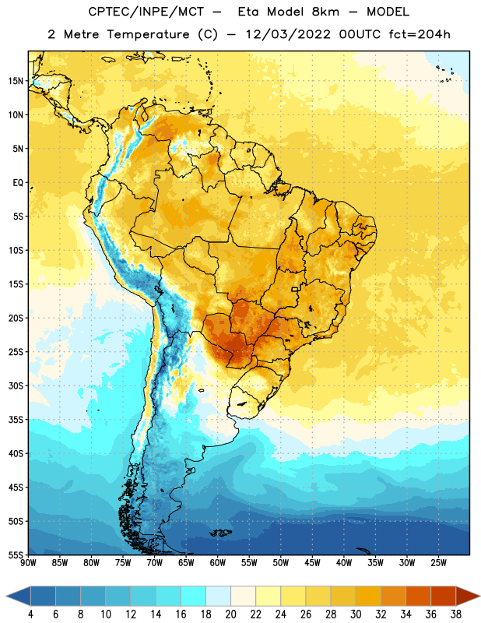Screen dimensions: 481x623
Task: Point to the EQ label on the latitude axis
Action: tap(18, 183)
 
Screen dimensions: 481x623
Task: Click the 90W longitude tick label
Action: tap(28, 563)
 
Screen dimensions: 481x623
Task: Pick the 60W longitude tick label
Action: tap(218, 563)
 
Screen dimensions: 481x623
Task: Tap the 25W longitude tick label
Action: tap(438, 563)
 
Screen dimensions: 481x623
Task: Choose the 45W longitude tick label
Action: tap(312, 563)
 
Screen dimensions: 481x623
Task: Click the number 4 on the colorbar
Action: tap(30, 614)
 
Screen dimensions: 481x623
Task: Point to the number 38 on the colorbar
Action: tap(456, 614)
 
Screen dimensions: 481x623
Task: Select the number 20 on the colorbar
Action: tap(230, 614)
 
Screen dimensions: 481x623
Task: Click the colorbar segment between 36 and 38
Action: tap(444, 597)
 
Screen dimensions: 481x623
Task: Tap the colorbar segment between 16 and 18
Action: tap(193, 597)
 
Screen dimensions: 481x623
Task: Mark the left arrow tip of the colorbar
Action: tap(6, 597)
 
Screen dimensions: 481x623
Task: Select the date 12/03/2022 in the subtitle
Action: tap(288, 34)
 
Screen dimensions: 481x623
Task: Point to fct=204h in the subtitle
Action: tap(420, 34)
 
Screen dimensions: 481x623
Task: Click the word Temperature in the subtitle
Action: tap(148, 34)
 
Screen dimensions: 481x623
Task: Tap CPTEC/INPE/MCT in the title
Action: tap(146, 12)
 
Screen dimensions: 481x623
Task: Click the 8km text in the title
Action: tap(325, 12)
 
